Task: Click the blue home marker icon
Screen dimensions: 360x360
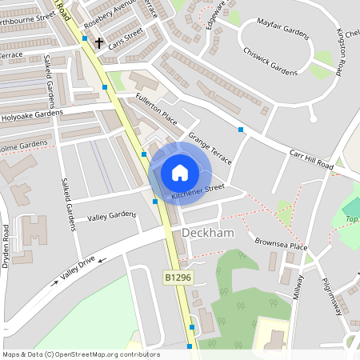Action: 180,173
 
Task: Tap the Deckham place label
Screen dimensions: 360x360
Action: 206,232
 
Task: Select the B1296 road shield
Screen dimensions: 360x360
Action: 178,277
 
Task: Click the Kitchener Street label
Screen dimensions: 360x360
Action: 199,191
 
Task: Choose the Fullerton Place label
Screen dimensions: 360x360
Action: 156,108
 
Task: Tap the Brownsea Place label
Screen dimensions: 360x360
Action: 281,244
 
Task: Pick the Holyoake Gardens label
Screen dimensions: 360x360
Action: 31,114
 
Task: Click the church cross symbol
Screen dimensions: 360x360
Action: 99,42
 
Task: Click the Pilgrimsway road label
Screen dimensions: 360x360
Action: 330,288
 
